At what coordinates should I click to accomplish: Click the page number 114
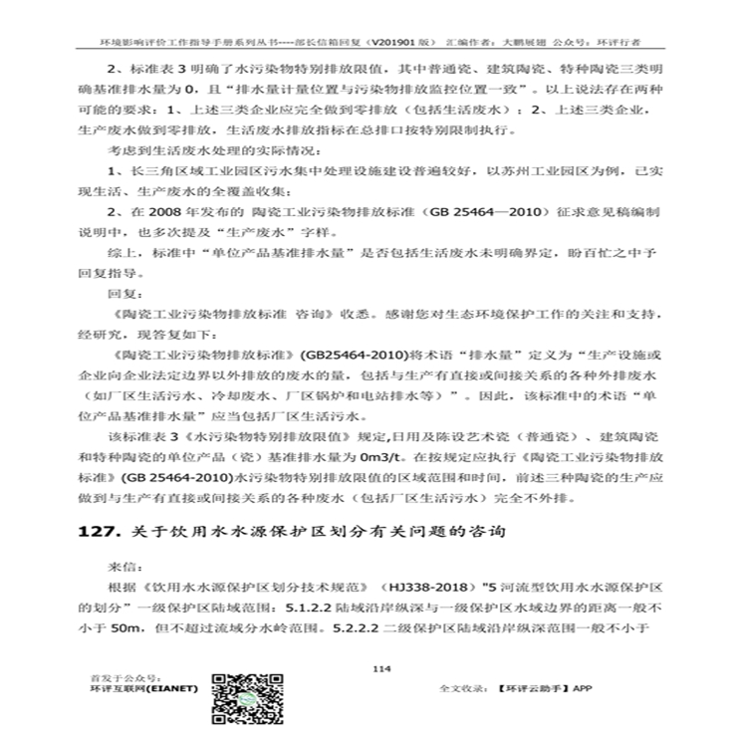pyautogui.click(x=375, y=667)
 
